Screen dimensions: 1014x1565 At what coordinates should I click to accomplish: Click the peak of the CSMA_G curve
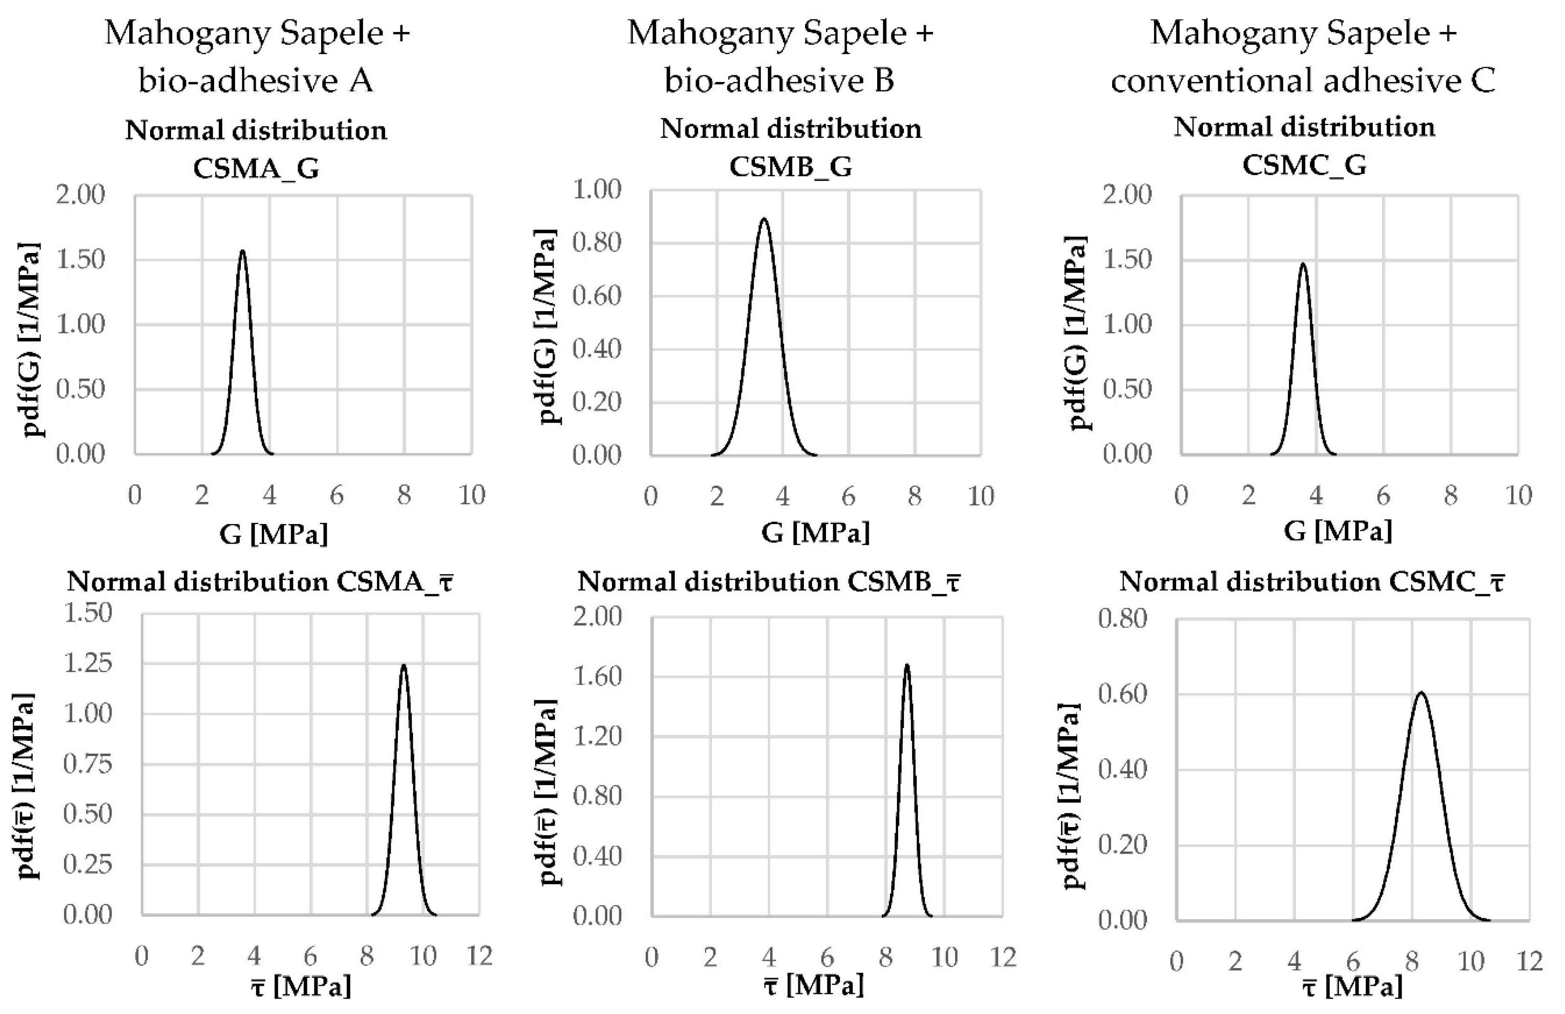tap(243, 251)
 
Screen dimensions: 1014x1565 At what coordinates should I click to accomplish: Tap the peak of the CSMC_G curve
tap(1303, 264)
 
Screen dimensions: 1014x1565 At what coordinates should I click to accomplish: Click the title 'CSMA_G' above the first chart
tap(256, 169)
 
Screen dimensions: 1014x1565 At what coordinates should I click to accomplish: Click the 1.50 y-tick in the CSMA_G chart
tap(80, 259)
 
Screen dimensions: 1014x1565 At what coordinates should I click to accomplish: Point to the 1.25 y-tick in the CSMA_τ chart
tap(87, 663)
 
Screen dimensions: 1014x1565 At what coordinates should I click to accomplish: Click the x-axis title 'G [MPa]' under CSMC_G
tap(1337, 531)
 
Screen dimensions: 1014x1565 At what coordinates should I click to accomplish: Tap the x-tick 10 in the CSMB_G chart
tap(980, 496)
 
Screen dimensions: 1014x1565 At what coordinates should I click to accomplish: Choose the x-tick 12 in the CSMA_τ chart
tap(479, 956)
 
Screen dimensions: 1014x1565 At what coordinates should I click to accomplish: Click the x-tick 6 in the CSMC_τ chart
tap(1353, 962)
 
